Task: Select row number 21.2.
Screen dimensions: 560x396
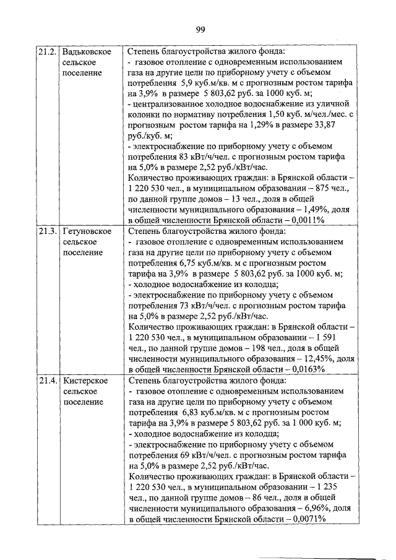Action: pyautogui.click(x=48, y=51)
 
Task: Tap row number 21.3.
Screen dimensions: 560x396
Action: pyautogui.click(x=48, y=231)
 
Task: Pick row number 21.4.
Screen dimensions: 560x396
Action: pyautogui.click(x=48, y=379)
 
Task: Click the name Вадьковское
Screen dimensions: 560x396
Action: pyautogui.click(x=87, y=51)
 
